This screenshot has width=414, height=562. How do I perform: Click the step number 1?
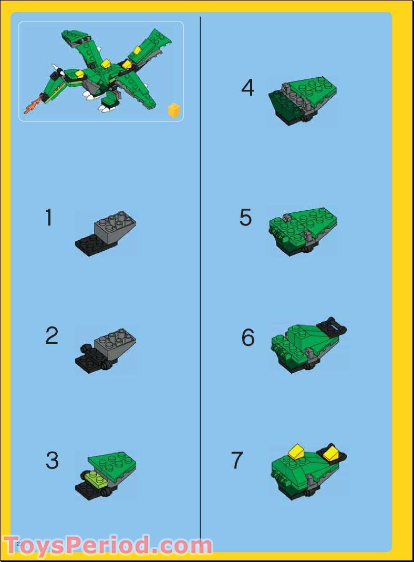49,218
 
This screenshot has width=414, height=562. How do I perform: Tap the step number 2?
51,336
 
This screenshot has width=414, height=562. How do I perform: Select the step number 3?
52,461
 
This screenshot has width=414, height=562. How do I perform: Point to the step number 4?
247,87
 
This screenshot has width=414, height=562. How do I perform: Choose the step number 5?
246,218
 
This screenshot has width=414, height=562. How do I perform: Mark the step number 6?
248,338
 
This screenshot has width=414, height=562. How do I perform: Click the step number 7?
237,461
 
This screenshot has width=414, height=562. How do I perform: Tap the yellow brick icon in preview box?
173,110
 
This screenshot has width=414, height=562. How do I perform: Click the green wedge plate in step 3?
113,463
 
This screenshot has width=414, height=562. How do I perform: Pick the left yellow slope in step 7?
296,451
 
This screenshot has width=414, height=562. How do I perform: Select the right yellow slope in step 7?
331,453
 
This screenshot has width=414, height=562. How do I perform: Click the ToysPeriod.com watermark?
108,546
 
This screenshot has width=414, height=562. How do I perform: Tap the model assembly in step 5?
302,230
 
